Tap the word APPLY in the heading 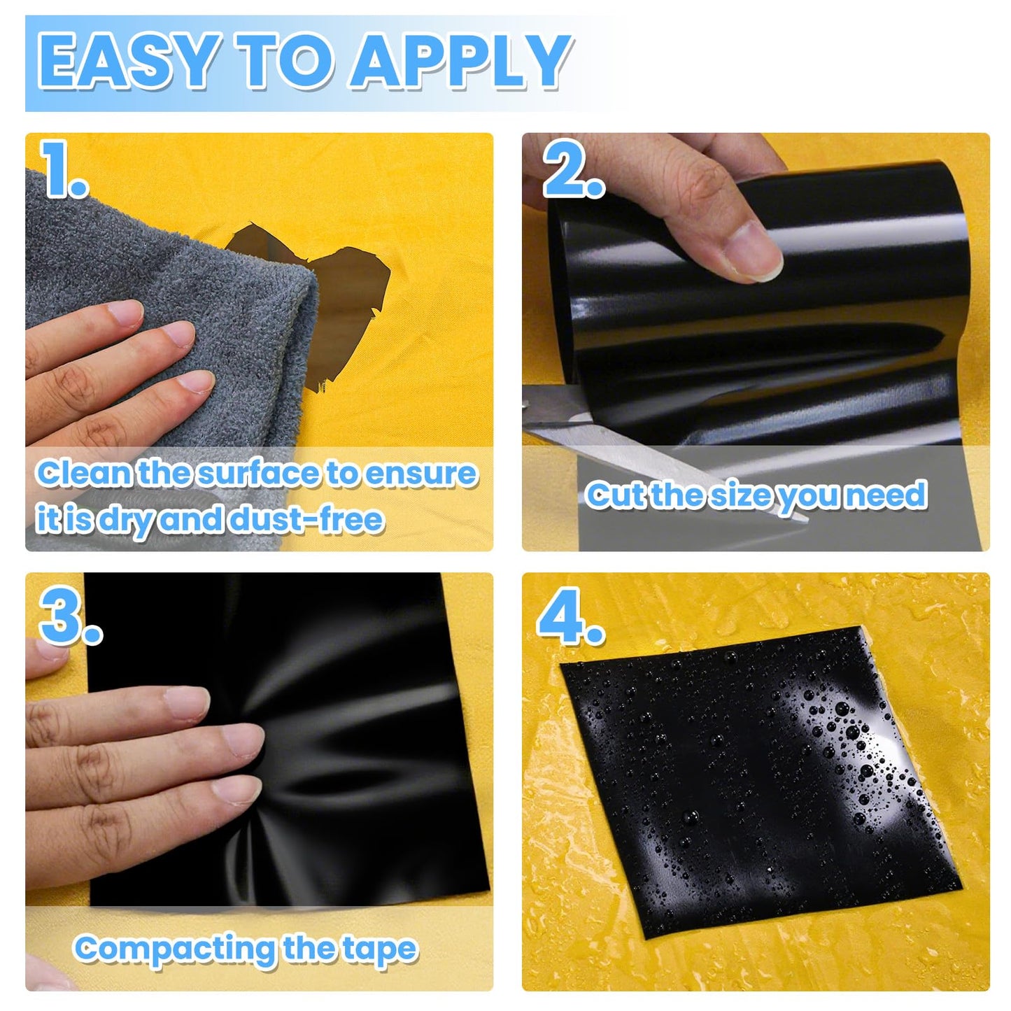[460, 61]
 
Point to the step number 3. [70, 615]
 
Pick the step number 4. [570, 615]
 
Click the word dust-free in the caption [307, 519]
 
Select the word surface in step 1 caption [259, 473]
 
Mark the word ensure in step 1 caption [420, 473]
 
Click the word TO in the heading [284, 61]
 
